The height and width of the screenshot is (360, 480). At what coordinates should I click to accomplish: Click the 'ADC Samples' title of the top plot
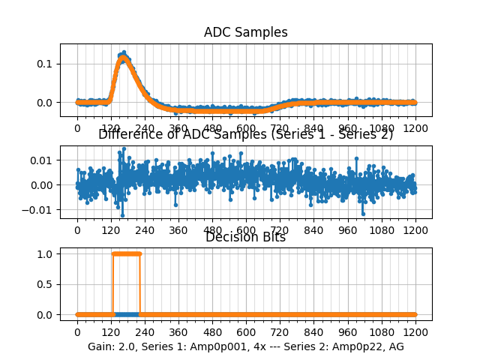245,32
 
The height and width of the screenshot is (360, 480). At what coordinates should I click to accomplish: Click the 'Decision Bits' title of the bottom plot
245,238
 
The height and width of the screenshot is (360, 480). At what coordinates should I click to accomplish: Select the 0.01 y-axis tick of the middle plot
43,160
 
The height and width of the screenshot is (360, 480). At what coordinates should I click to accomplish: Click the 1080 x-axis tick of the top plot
382,128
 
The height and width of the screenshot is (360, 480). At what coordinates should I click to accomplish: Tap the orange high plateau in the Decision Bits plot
126,253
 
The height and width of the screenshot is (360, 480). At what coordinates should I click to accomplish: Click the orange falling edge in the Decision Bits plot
140,284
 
